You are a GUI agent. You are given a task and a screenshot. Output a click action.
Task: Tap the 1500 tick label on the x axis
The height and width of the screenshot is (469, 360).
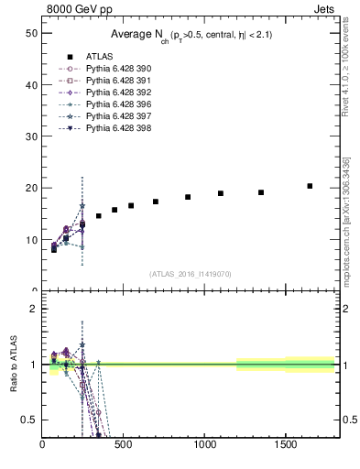point(285,445)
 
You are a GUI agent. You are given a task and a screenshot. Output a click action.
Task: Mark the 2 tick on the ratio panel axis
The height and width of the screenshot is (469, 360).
point(33,309)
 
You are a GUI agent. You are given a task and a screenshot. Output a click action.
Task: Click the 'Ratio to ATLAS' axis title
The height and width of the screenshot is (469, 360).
point(11,365)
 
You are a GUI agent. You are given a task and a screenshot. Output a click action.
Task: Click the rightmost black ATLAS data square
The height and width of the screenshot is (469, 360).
point(310,186)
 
